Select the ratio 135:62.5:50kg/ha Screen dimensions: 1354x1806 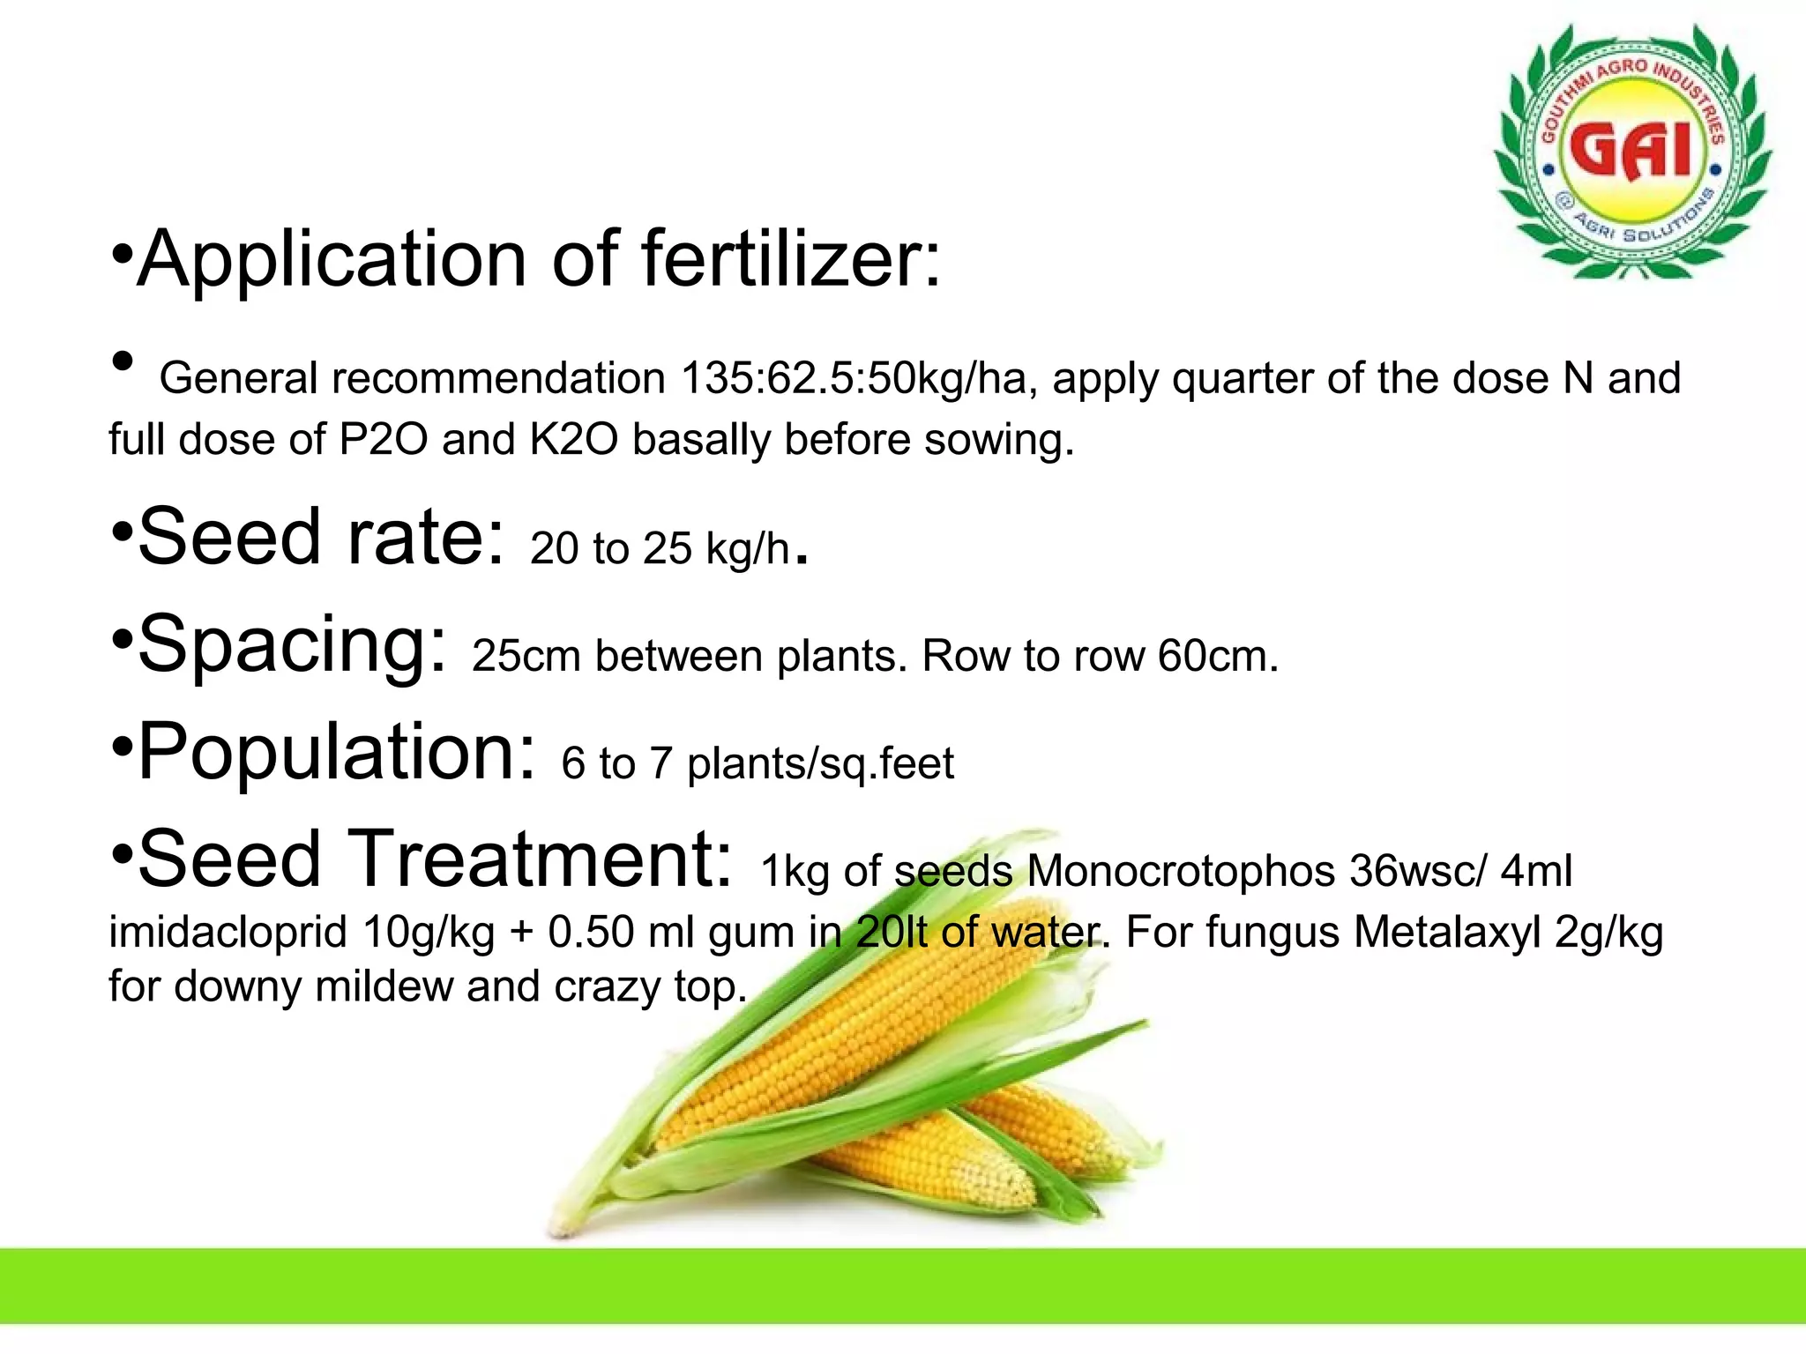tap(853, 379)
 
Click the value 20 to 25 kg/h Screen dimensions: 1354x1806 tap(660, 548)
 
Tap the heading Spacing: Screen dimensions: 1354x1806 tap(292, 645)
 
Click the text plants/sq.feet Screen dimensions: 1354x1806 tap(820, 763)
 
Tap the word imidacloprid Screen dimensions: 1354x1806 tap(228, 932)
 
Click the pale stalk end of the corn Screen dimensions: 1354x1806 tap(564, 1221)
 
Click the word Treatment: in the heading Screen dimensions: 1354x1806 tap(541, 859)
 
